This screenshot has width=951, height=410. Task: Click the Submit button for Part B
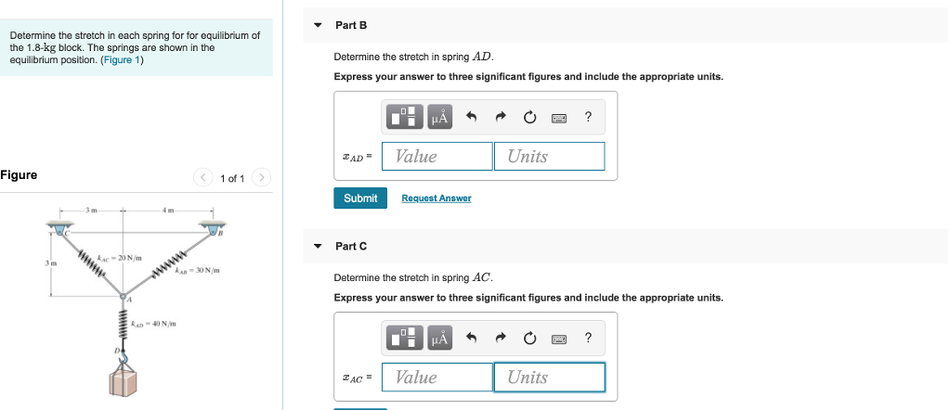tap(360, 199)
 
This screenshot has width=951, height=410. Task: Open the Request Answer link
tap(436, 199)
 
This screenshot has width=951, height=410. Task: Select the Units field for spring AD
tap(549, 156)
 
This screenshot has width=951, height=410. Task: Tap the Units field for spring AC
tap(549, 377)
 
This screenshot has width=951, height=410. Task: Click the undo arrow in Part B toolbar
tap(471, 117)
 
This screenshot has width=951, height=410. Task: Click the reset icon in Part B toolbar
tap(529, 117)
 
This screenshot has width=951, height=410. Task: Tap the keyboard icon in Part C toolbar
tap(558, 338)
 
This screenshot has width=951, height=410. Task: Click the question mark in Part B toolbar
tap(588, 117)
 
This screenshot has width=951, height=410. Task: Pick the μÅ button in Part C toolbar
tap(438, 338)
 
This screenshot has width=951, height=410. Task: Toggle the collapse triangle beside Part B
tap(319, 25)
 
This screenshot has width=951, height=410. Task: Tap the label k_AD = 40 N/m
tap(154, 324)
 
